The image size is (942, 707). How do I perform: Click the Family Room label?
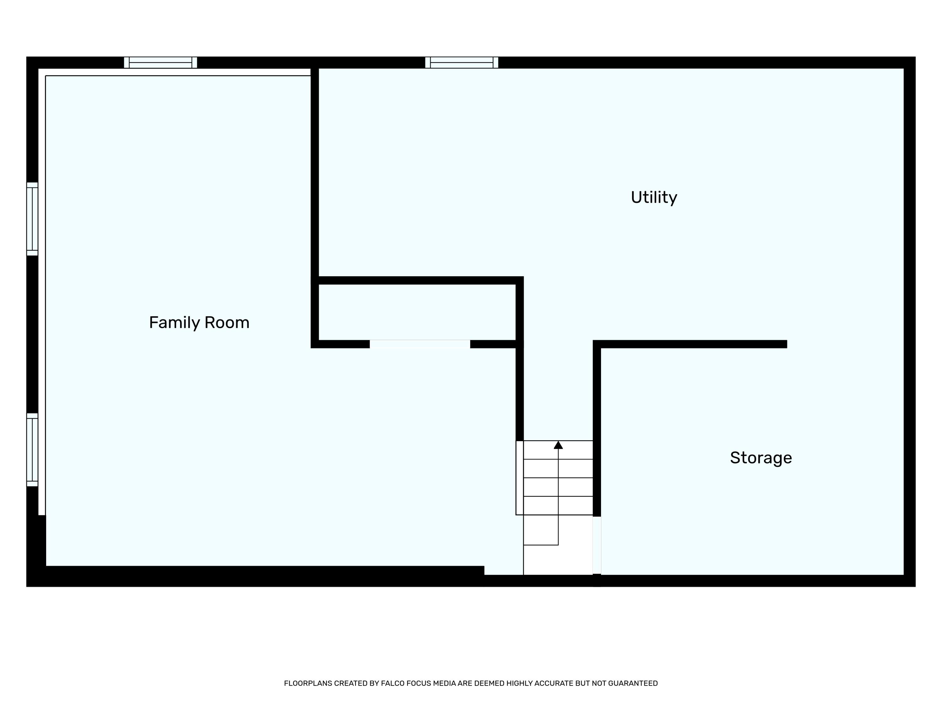[x=199, y=323]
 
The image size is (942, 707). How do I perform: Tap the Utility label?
[x=654, y=197]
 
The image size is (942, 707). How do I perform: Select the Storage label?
[x=761, y=458]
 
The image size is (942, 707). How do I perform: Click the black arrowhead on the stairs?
[x=558, y=445]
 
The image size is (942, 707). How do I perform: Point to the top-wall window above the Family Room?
[x=160, y=63]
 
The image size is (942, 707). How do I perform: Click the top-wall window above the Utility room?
[x=461, y=63]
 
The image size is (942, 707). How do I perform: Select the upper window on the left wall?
[x=32, y=219]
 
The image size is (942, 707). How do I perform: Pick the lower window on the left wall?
[x=32, y=450]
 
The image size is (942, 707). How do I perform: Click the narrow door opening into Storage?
[x=597, y=545]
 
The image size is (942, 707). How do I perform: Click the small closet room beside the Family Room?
[x=416, y=312]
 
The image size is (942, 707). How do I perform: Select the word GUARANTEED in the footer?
[x=633, y=683]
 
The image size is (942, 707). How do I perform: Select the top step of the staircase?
[x=558, y=450]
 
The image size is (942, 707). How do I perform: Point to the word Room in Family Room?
[x=227, y=323]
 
